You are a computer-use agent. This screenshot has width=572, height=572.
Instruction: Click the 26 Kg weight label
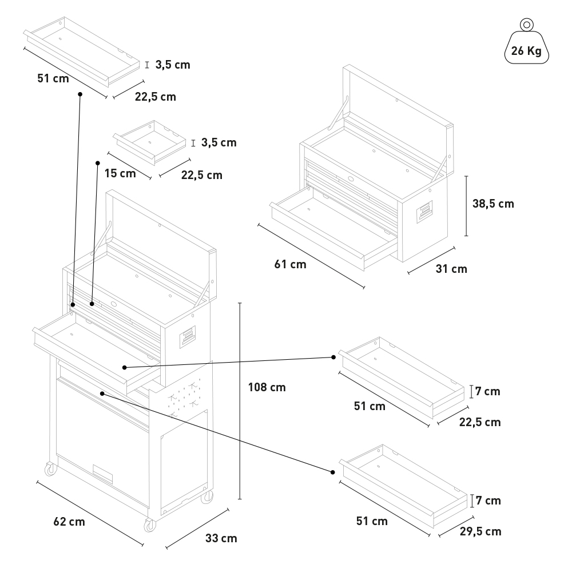pos(526,51)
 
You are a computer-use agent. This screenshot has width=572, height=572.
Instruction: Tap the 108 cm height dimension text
pos(267,387)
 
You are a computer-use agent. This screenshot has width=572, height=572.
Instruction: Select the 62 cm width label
pos(69,522)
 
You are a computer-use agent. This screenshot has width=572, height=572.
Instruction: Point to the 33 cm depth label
pos(221,538)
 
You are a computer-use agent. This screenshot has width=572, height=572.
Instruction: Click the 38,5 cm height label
pos(493,204)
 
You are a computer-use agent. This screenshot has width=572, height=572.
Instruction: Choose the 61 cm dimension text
pos(290,264)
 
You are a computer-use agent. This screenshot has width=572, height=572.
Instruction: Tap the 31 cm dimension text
pos(451,269)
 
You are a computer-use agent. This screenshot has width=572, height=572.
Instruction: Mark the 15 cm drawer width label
pos(120,173)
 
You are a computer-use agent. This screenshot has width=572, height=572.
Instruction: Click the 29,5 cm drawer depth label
pos(480,531)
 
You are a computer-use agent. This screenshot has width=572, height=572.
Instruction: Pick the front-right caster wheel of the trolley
pos(149,526)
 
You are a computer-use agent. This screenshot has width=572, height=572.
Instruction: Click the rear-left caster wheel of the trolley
pos(51,469)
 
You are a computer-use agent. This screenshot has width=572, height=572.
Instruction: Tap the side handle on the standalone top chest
pos(424,212)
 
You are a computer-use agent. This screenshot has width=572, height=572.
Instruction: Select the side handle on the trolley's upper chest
pos(188,337)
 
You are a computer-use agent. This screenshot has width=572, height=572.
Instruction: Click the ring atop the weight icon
pos(526,25)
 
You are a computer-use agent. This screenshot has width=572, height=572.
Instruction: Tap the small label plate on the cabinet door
pos(102,474)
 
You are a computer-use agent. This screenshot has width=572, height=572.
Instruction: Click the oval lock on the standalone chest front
pos(351,179)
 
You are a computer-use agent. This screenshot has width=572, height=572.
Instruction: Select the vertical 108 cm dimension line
pos(240,401)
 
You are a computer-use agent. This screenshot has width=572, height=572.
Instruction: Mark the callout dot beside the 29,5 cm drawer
pos(333,472)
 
